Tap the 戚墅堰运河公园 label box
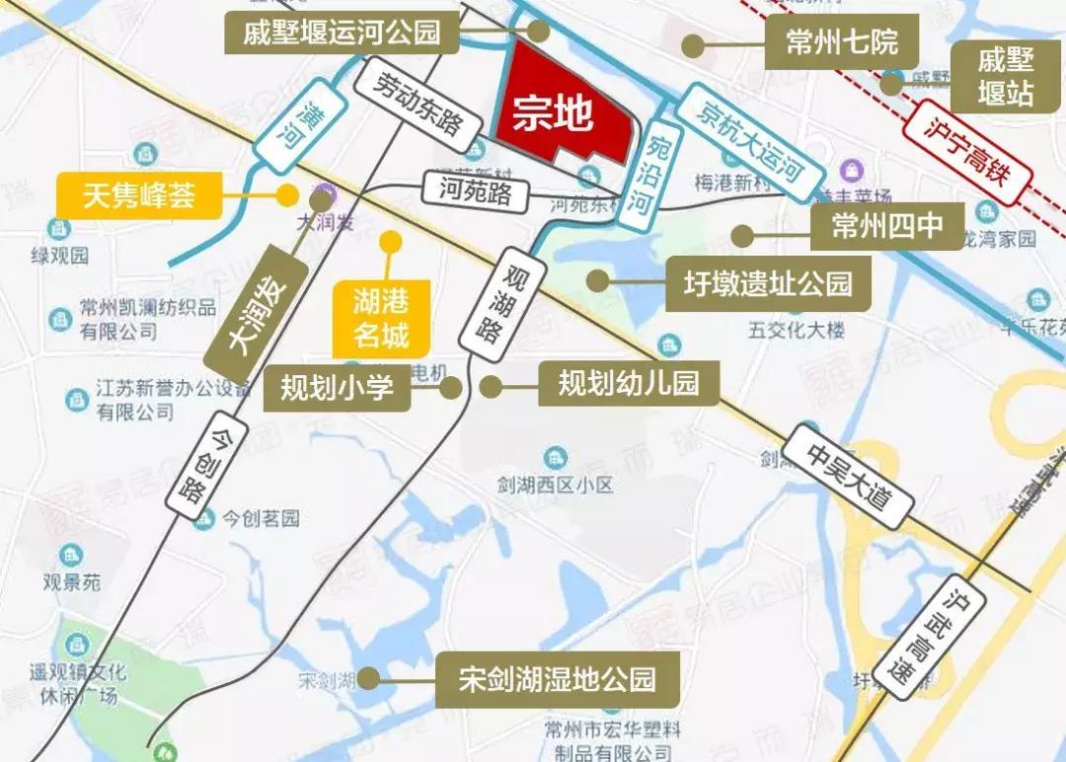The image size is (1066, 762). coord(343,34)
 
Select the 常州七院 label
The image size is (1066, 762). coord(842,44)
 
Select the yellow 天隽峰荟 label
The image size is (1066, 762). coord(139,194)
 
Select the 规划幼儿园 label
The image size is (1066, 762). coord(629,383)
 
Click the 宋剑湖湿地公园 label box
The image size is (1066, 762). coord(557,679)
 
